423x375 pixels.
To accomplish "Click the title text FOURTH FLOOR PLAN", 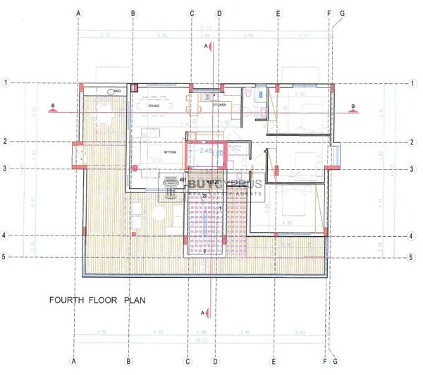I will [x=97, y=300].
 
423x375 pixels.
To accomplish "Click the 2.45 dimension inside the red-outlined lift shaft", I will [x=206, y=151].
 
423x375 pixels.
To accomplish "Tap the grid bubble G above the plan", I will [x=343, y=13].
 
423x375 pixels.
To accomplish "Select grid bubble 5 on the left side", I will [x=6, y=257].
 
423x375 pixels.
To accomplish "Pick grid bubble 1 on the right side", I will [x=412, y=83].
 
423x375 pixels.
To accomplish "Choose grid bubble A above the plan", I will [x=79, y=13].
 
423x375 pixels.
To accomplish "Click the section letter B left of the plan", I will [x=52, y=108].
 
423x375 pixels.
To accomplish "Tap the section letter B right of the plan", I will [x=353, y=107].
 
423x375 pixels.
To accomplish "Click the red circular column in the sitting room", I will [x=135, y=167].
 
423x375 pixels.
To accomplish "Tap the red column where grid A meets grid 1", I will [x=82, y=85].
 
